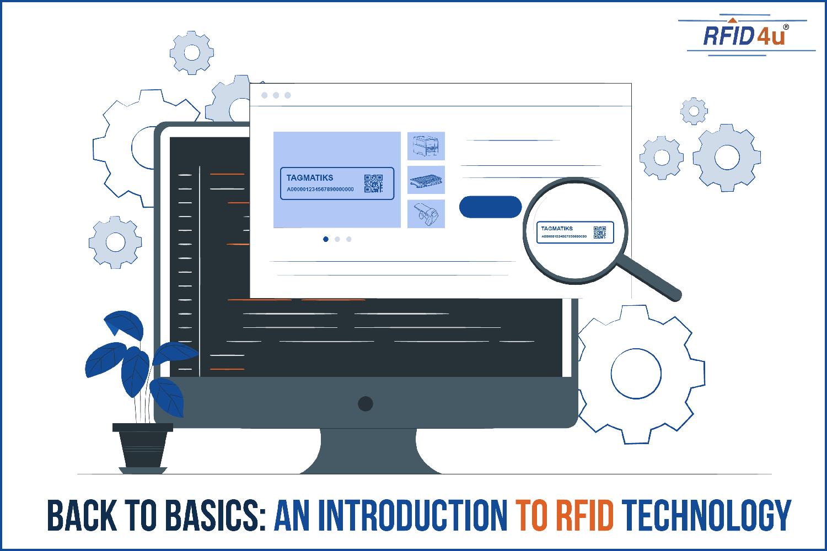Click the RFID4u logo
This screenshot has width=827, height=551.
coord(744,36)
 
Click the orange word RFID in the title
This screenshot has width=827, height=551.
coord(584,516)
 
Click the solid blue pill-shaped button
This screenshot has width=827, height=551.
coord(490,207)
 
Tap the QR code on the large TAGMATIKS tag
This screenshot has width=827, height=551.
coord(373,183)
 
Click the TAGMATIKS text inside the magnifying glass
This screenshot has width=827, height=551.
coord(557,228)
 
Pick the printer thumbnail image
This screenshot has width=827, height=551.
coord(426,146)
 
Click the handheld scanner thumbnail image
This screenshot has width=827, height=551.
coord(426,214)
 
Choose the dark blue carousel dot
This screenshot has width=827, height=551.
coord(326,239)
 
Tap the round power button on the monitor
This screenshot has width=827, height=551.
coord(365,403)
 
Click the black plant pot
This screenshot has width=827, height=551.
coord(143,446)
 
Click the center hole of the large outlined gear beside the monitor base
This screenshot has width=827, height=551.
coord(636,374)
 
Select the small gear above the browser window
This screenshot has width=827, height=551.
coord(191,53)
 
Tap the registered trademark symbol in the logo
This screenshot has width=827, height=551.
coord(786,27)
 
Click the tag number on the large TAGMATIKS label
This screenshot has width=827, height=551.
coord(320,190)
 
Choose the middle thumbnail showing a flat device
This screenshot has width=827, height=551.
coord(426,180)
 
